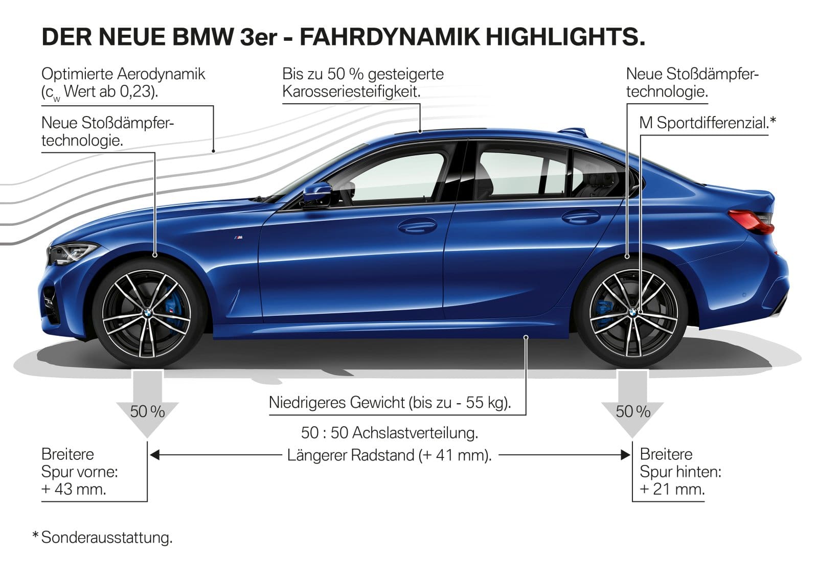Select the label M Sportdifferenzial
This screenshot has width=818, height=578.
pyautogui.click(x=707, y=123)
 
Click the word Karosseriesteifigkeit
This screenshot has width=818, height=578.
pyautogui.click(x=351, y=92)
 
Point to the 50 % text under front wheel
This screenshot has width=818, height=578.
pyautogui.click(x=147, y=411)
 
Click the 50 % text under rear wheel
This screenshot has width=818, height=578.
pyautogui.click(x=633, y=411)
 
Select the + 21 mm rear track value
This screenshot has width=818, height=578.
pyautogui.click(x=672, y=489)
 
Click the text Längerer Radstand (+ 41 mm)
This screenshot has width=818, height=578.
pyautogui.click(x=389, y=455)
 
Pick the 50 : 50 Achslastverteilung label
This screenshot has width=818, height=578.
pyautogui.click(x=390, y=433)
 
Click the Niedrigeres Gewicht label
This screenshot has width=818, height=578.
pyautogui.click(x=390, y=402)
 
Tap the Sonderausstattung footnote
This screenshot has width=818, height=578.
pyautogui.click(x=106, y=538)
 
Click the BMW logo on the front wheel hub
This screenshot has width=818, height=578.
pyautogui.click(x=146, y=313)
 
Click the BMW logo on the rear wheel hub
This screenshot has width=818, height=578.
pyautogui.click(x=633, y=312)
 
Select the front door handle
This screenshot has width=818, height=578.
pyautogui.click(x=417, y=224)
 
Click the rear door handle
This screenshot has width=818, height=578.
pyautogui.click(x=581, y=217)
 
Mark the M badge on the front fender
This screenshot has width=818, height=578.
pyautogui.click(x=238, y=239)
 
